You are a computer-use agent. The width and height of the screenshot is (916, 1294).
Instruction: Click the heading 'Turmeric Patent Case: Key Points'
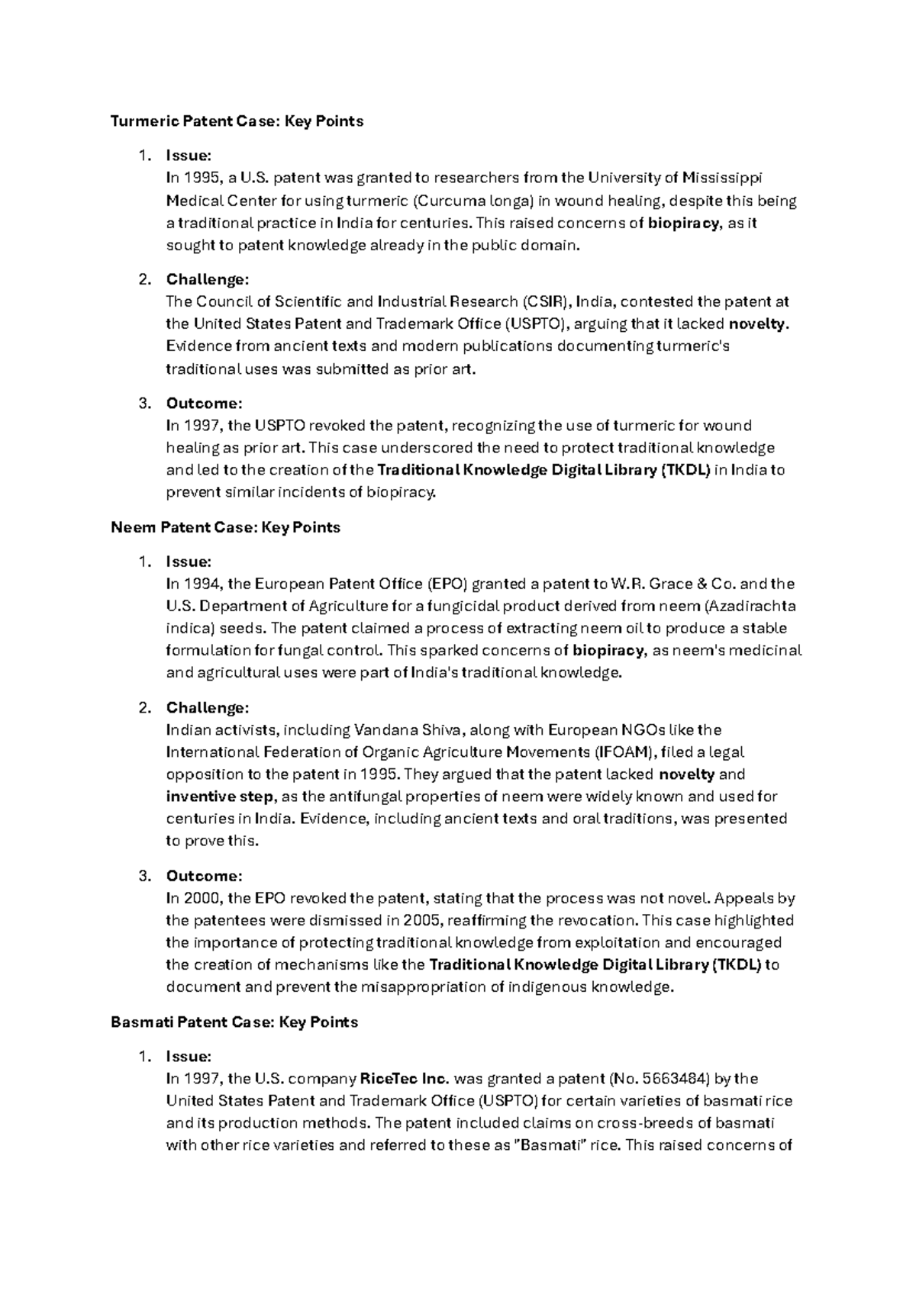237,121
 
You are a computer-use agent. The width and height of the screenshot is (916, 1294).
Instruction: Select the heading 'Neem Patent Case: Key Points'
225,527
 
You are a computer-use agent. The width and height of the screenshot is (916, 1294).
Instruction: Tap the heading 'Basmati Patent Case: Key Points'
234,1022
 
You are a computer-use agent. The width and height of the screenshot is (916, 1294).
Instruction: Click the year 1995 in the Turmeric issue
201,179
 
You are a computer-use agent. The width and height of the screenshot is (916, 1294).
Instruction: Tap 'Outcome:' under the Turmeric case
204,403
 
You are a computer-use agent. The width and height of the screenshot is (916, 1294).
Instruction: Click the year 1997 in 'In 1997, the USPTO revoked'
201,426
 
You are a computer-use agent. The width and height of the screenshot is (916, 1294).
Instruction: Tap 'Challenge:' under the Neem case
208,708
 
